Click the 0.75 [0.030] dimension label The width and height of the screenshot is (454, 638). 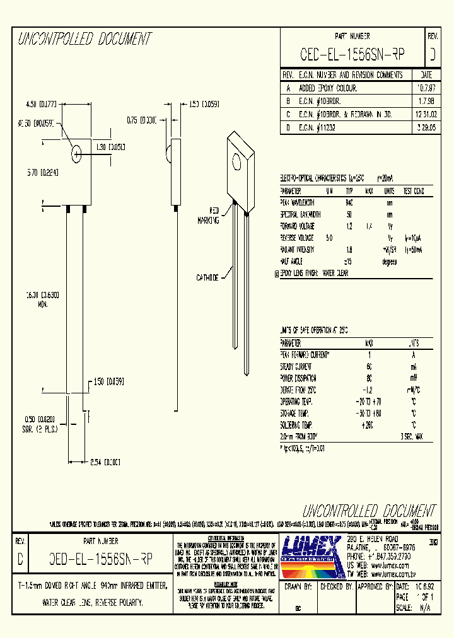click(143, 119)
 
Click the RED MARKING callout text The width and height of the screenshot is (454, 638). click(209, 216)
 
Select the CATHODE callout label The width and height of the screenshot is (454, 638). click(207, 277)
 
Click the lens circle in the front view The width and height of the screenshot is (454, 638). click(77, 153)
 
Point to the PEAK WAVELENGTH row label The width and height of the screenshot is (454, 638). click(298, 202)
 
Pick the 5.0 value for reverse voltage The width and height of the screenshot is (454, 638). click(329, 238)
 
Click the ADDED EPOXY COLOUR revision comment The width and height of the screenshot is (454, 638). click(328, 88)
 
